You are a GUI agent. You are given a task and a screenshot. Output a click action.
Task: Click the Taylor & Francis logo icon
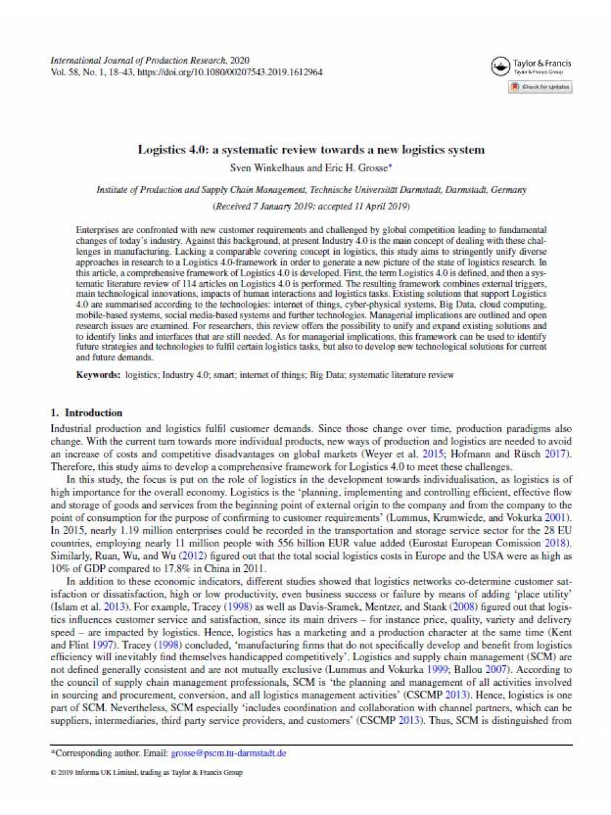(501, 66)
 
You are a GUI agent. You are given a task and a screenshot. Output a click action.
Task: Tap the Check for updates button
(540, 87)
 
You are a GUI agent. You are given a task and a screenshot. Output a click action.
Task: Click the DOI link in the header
(230, 73)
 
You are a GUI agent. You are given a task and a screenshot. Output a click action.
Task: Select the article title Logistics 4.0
(311, 150)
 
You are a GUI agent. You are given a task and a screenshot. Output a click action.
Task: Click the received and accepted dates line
(311, 206)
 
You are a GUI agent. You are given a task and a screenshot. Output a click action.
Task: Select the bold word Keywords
(98, 375)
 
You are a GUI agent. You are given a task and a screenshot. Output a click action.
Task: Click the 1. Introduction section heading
(87, 413)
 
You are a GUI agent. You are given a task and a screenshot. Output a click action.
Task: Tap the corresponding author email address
(228, 753)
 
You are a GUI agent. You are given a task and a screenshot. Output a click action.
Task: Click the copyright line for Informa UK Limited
(146, 772)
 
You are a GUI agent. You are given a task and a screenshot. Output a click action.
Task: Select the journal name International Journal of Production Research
(138, 60)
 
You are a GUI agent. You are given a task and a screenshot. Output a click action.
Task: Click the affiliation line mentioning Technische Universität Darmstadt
(311, 190)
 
